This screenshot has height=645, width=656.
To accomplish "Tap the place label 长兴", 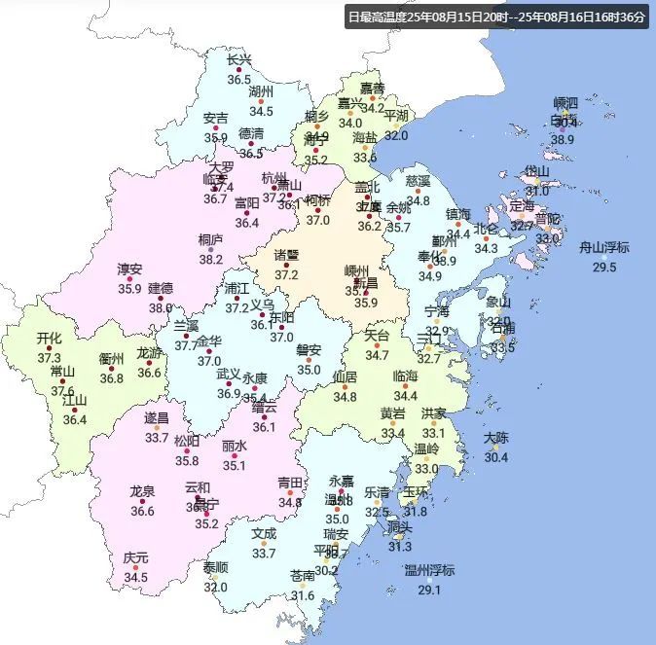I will click(x=238, y=59).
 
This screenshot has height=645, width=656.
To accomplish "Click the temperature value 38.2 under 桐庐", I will click(x=211, y=260).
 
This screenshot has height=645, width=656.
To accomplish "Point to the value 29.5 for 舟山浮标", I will click(x=605, y=268).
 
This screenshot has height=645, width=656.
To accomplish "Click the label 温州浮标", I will click(x=429, y=570).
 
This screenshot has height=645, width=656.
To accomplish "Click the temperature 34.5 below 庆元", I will click(x=136, y=578).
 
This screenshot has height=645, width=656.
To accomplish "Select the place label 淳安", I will click(x=129, y=269).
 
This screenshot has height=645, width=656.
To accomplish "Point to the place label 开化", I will click(x=49, y=338).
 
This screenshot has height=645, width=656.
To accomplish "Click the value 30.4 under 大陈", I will click(x=496, y=458).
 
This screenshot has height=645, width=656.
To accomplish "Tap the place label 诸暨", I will click(x=286, y=255).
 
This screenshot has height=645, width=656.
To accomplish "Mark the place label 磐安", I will click(x=309, y=350).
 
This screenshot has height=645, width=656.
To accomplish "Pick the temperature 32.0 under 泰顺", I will click(x=215, y=587).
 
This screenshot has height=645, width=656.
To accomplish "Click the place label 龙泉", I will click(x=143, y=491).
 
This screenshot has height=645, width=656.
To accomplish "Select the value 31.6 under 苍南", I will click(x=303, y=595).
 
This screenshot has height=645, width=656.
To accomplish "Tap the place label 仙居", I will click(x=345, y=376).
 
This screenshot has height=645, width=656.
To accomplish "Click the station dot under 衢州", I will click(x=112, y=369).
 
